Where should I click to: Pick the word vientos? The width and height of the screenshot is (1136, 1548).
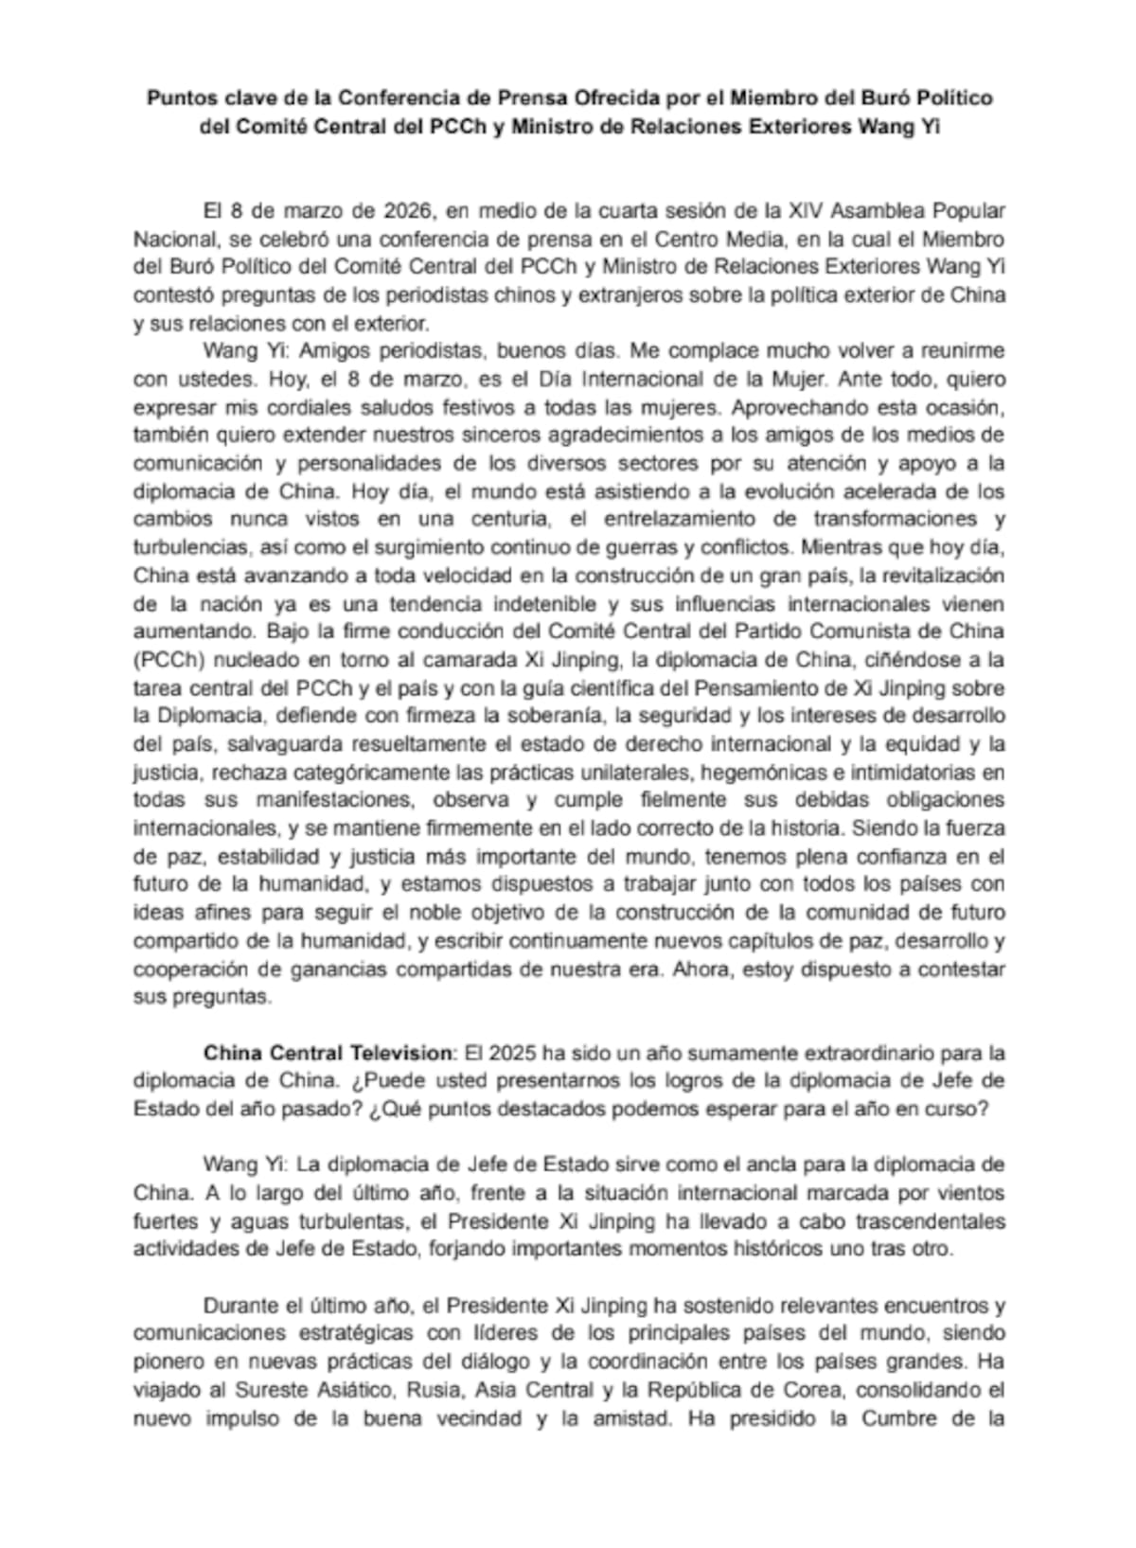pyautogui.click(x=967, y=1193)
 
